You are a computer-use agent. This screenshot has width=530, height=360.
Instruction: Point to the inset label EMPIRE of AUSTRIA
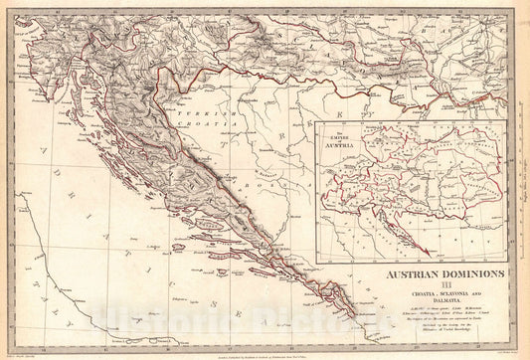(x=339, y=136)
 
